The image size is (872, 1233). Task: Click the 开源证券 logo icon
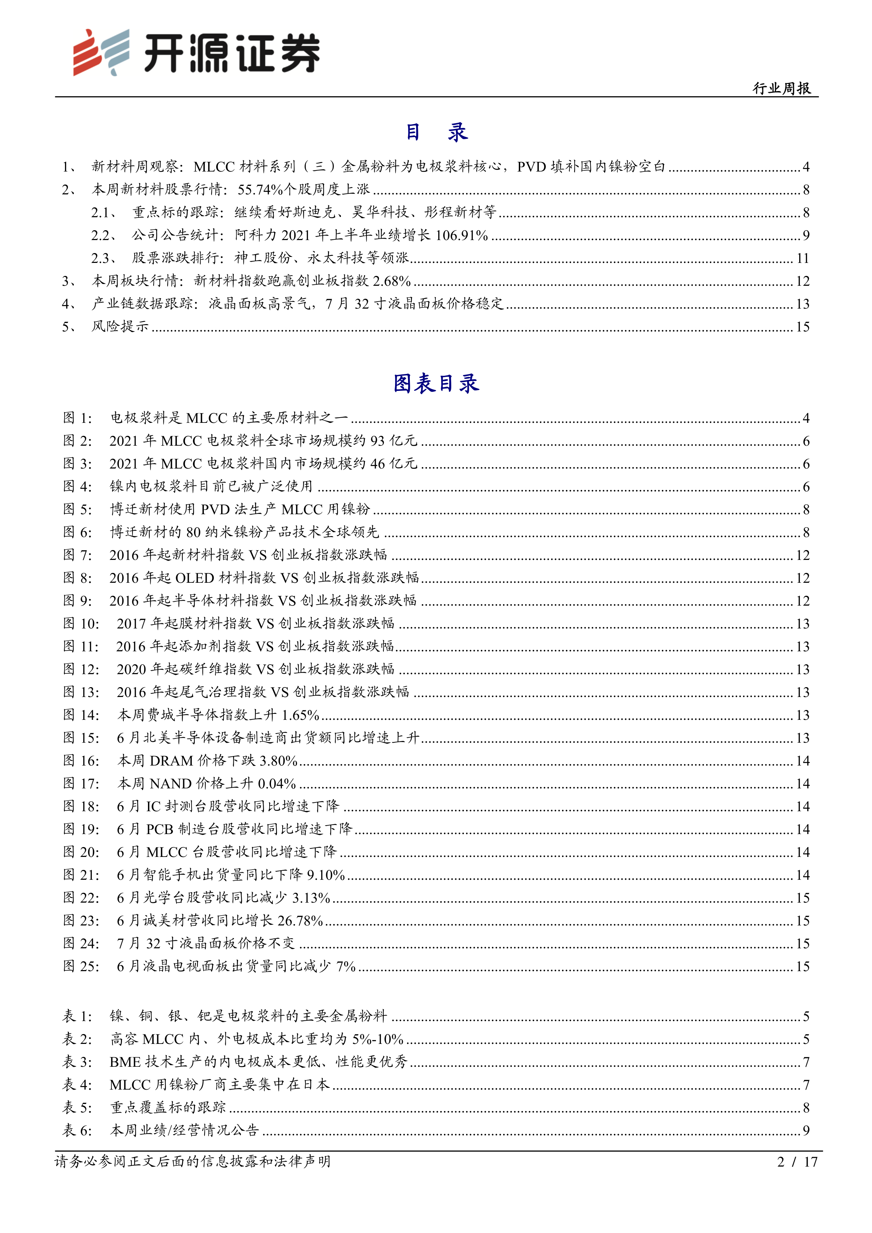[101, 52]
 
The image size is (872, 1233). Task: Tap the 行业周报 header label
[781, 88]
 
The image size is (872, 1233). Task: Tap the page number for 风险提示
[802, 327]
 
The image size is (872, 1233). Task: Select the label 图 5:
[77, 509]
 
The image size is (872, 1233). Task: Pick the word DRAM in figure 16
[171, 760]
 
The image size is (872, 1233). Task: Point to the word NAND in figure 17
[170, 783]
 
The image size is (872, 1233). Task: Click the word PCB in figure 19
[160, 829]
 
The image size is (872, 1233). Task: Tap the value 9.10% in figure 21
[325, 875]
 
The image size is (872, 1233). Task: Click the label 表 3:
[77, 1062]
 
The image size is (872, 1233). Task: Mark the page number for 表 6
[806, 1130]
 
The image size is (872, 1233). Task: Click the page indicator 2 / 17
[797, 1162]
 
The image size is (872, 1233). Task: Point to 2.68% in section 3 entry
[392, 281]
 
